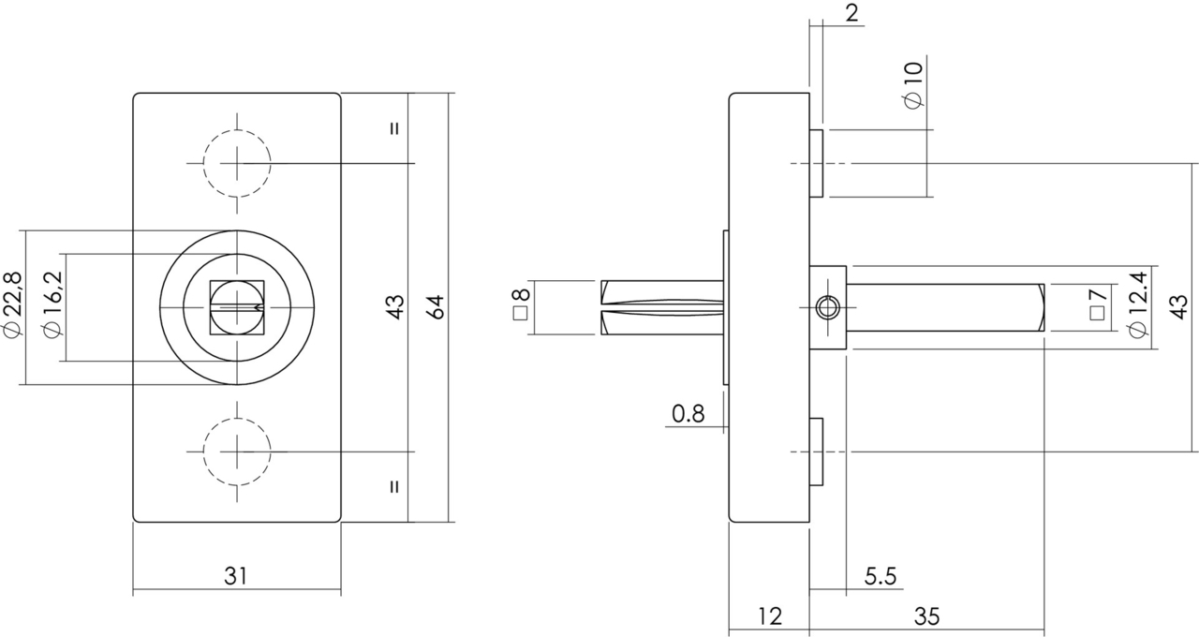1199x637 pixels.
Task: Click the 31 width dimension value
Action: tap(236, 576)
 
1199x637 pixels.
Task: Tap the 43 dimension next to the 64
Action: tap(394, 307)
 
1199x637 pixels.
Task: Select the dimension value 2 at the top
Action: tap(851, 13)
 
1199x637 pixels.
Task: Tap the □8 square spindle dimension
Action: tap(521, 307)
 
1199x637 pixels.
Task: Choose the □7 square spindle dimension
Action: tap(1097, 307)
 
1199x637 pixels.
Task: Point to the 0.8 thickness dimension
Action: tap(688, 413)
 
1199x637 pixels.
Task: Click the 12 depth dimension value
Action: tap(768, 616)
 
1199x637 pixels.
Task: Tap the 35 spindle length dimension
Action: tap(925, 616)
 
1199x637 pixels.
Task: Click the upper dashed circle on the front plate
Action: tap(237, 163)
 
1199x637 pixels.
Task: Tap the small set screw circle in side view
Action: tap(826, 308)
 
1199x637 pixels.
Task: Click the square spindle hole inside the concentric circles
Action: tap(237, 307)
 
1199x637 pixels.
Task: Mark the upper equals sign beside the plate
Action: tap(394, 128)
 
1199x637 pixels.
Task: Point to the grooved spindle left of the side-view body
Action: tap(660, 307)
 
